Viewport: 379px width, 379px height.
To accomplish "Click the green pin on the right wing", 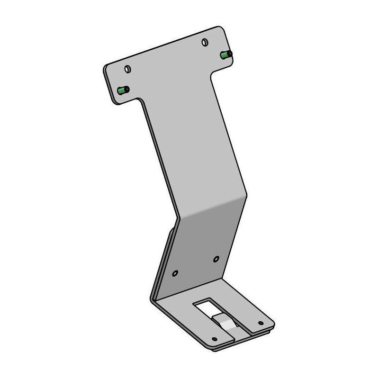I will [226, 55].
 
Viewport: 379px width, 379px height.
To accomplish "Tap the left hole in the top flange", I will [127, 69].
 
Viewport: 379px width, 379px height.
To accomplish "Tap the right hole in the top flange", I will [205, 43].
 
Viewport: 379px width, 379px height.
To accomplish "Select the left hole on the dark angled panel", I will [175, 273].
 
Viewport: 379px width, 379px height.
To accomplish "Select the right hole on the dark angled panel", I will [216, 259].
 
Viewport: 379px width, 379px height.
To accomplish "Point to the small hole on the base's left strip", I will [214, 339].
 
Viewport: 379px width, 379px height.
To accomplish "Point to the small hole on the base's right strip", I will [260, 323].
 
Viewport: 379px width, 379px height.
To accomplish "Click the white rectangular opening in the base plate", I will [207, 307].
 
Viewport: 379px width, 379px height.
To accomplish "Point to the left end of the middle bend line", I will [177, 219].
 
